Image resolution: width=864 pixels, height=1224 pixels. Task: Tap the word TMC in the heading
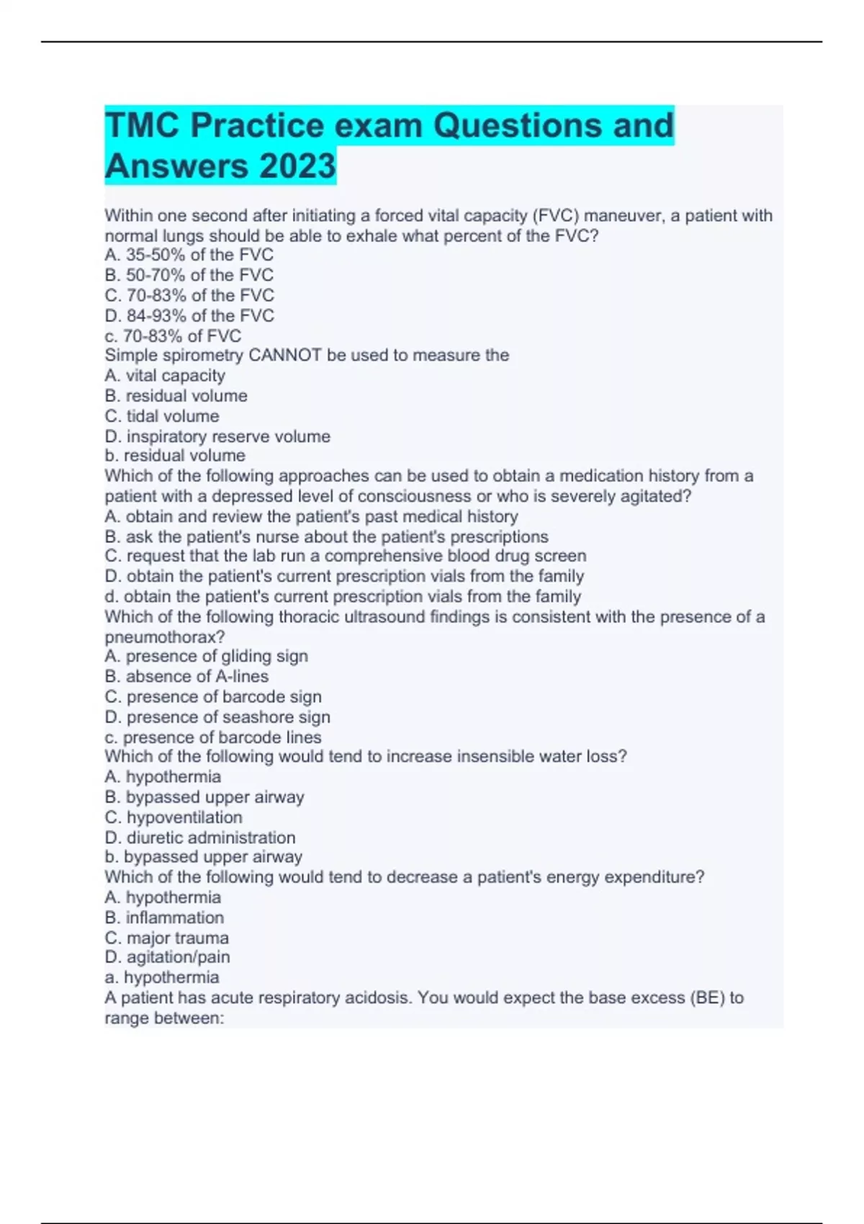click(143, 125)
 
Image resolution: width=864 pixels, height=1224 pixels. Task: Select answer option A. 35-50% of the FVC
click(189, 255)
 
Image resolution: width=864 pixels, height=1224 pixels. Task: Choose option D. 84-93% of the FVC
click(189, 315)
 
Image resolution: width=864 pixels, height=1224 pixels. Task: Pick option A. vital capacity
click(165, 376)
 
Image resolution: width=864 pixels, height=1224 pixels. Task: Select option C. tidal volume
click(162, 416)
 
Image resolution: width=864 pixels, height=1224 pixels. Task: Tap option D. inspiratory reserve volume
click(217, 436)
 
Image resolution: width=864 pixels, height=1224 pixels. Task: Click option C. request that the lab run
click(346, 556)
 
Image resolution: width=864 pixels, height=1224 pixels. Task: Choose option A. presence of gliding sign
click(206, 656)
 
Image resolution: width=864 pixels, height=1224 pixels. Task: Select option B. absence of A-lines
click(186, 676)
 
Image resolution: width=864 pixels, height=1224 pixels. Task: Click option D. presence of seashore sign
click(217, 717)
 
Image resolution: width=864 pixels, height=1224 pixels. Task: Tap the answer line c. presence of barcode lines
click(213, 737)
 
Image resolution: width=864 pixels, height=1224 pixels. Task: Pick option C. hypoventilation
click(174, 817)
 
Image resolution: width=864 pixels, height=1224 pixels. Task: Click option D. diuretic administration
click(200, 837)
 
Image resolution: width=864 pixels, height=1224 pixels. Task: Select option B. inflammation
click(164, 917)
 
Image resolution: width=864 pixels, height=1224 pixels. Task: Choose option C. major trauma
click(167, 937)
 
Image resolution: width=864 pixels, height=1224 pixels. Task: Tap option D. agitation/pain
click(167, 957)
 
